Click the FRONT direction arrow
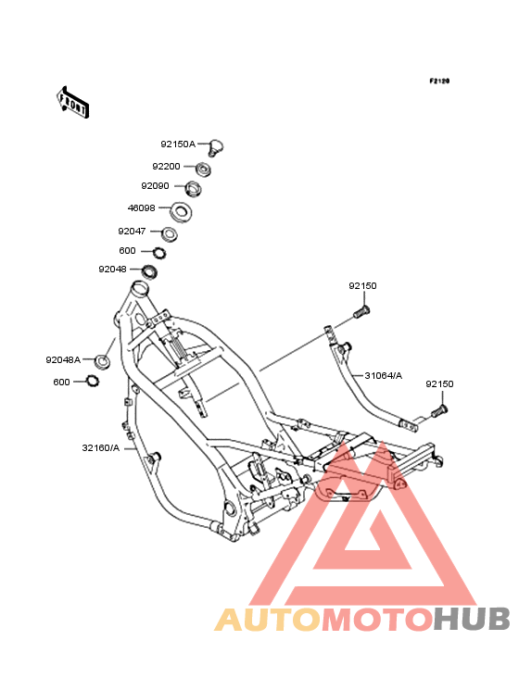tap(72, 102)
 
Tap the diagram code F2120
tap(439, 81)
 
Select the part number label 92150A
tap(178, 144)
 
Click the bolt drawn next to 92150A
tap(215, 148)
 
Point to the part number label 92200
tap(166, 167)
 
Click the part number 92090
tap(156, 186)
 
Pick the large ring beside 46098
tap(181, 212)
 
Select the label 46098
tap(142, 208)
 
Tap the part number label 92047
tap(132, 232)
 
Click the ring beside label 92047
tap(169, 234)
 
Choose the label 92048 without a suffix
tap(112, 270)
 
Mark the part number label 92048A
tap(63, 359)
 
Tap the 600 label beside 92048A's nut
tap(61, 383)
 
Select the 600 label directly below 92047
tap(127, 251)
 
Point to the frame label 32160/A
tap(101, 448)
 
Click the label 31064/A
tap(383, 376)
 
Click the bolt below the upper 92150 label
tap(362, 312)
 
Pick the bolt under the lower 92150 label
tap(439, 410)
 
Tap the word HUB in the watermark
tap(472, 619)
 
